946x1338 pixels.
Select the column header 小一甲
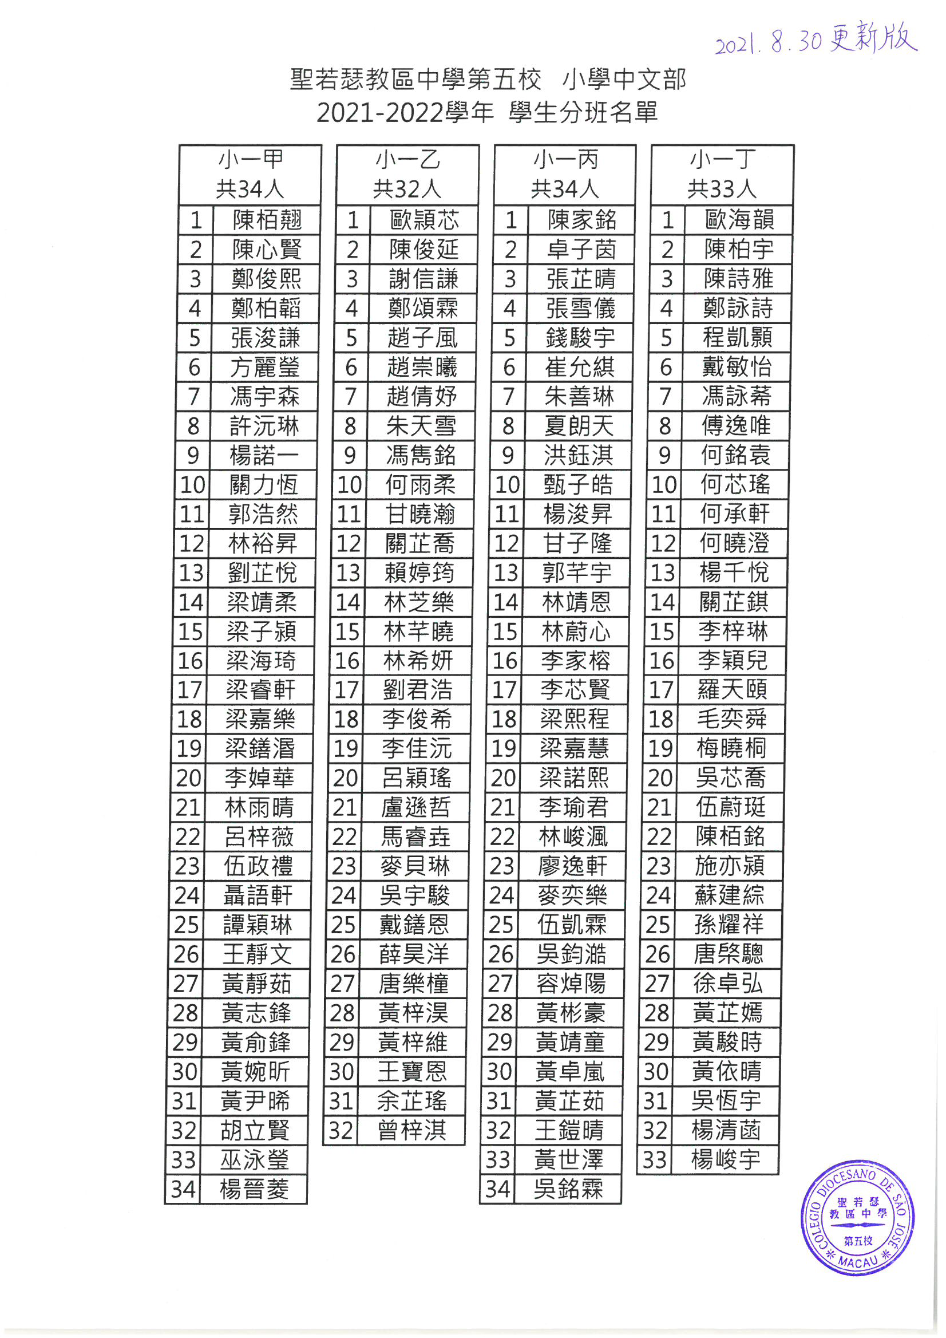[251, 159]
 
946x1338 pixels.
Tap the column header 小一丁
[722, 159]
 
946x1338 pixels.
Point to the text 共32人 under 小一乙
[407, 190]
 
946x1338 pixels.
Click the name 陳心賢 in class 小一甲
[267, 250]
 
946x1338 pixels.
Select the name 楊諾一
[264, 455]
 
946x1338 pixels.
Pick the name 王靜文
[257, 954]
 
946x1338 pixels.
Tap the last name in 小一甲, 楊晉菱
[254, 1189]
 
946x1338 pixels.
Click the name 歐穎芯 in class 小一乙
[424, 220]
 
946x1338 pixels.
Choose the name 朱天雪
[421, 426]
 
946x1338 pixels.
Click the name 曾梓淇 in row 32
[412, 1131]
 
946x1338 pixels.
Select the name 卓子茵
[581, 250]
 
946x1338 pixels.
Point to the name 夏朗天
[579, 426]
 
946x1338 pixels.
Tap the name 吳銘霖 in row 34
[568, 1189]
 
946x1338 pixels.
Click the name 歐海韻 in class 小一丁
[739, 220]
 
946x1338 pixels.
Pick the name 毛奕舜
[731, 719]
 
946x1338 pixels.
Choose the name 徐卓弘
[728, 984]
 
